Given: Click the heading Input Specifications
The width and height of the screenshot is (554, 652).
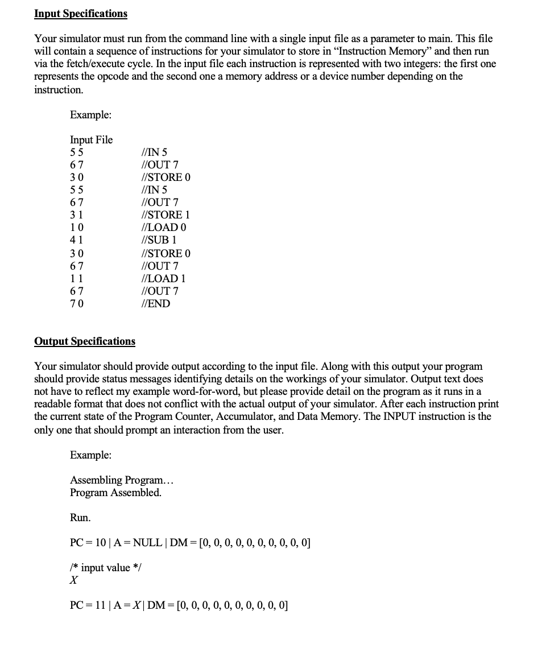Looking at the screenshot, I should pos(81,13).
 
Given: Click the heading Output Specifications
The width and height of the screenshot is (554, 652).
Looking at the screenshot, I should pos(85,341).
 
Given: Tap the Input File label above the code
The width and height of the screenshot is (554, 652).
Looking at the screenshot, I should pos(91,139).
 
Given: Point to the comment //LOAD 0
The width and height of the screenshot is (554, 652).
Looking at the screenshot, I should pos(164,227).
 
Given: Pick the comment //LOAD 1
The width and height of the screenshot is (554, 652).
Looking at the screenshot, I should pos(163,278).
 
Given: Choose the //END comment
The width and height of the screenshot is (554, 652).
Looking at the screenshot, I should pos(155,303).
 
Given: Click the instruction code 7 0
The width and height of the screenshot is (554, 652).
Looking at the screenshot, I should pos(76,303).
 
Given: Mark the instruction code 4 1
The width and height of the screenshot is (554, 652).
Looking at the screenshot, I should pos(76,240).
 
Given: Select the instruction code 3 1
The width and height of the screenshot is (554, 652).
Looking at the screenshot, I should pos(76,214).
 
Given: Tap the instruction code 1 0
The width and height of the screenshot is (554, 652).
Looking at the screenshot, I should pos(76,227).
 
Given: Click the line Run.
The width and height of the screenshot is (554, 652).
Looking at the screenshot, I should pos(80,517).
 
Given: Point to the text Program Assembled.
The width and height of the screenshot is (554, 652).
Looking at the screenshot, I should pos(115,493).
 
